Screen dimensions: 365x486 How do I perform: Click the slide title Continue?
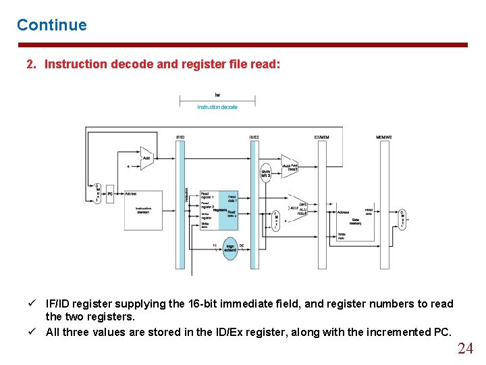(x=52, y=25)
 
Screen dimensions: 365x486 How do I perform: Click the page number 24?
(x=465, y=349)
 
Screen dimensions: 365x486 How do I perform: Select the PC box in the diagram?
(x=110, y=193)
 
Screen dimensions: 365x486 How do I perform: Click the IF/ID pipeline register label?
(x=180, y=137)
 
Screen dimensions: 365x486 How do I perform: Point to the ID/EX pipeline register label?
(x=254, y=137)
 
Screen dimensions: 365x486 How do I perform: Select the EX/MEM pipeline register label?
(x=321, y=137)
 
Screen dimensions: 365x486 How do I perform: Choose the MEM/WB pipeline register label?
(x=384, y=137)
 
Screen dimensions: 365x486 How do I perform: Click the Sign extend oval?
(x=230, y=247)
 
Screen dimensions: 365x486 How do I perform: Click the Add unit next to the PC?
(x=146, y=158)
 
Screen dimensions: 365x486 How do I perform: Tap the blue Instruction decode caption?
(x=217, y=107)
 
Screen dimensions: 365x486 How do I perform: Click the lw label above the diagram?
(x=217, y=95)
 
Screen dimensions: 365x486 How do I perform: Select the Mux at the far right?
(x=402, y=218)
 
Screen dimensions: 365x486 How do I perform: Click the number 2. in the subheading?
(x=31, y=64)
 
